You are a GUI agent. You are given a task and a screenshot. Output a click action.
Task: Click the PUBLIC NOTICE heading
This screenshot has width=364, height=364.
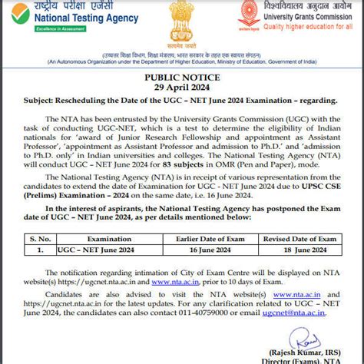point(183,78)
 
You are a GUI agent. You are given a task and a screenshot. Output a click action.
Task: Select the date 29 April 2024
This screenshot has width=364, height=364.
point(183,88)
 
